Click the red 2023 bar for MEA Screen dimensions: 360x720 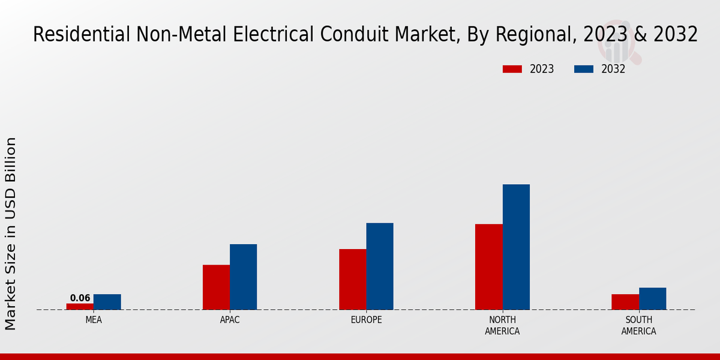[x=80, y=307]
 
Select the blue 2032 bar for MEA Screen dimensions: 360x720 [x=107, y=302]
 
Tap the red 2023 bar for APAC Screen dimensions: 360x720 [x=216, y=287]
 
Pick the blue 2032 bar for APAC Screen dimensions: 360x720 [x=243, y=277]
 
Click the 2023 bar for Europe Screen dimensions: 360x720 [x=352, y=280]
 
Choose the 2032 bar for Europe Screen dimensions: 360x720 [x=380, y=266]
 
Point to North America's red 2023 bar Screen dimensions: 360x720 [x=488, y=267]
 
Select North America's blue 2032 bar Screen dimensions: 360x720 [x=516, y=247]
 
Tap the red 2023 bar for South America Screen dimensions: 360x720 [x=625, y=302]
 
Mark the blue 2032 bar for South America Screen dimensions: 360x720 [x=652, y=299]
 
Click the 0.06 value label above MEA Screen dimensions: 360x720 [x=80, y=298]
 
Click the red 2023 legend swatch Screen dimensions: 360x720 [x=512, y=69]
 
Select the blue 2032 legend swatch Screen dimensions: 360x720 [x=583, y=69]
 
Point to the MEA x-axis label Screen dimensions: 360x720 [x=94, y=320]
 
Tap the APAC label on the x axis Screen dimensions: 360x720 [x=230, y=320]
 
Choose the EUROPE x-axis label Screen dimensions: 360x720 [x=366, y=320]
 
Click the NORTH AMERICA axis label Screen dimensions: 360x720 [x=502, y=325]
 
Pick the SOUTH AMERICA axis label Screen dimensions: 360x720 [x=638, y=325]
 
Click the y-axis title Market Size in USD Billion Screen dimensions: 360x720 [x=11, y=233]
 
